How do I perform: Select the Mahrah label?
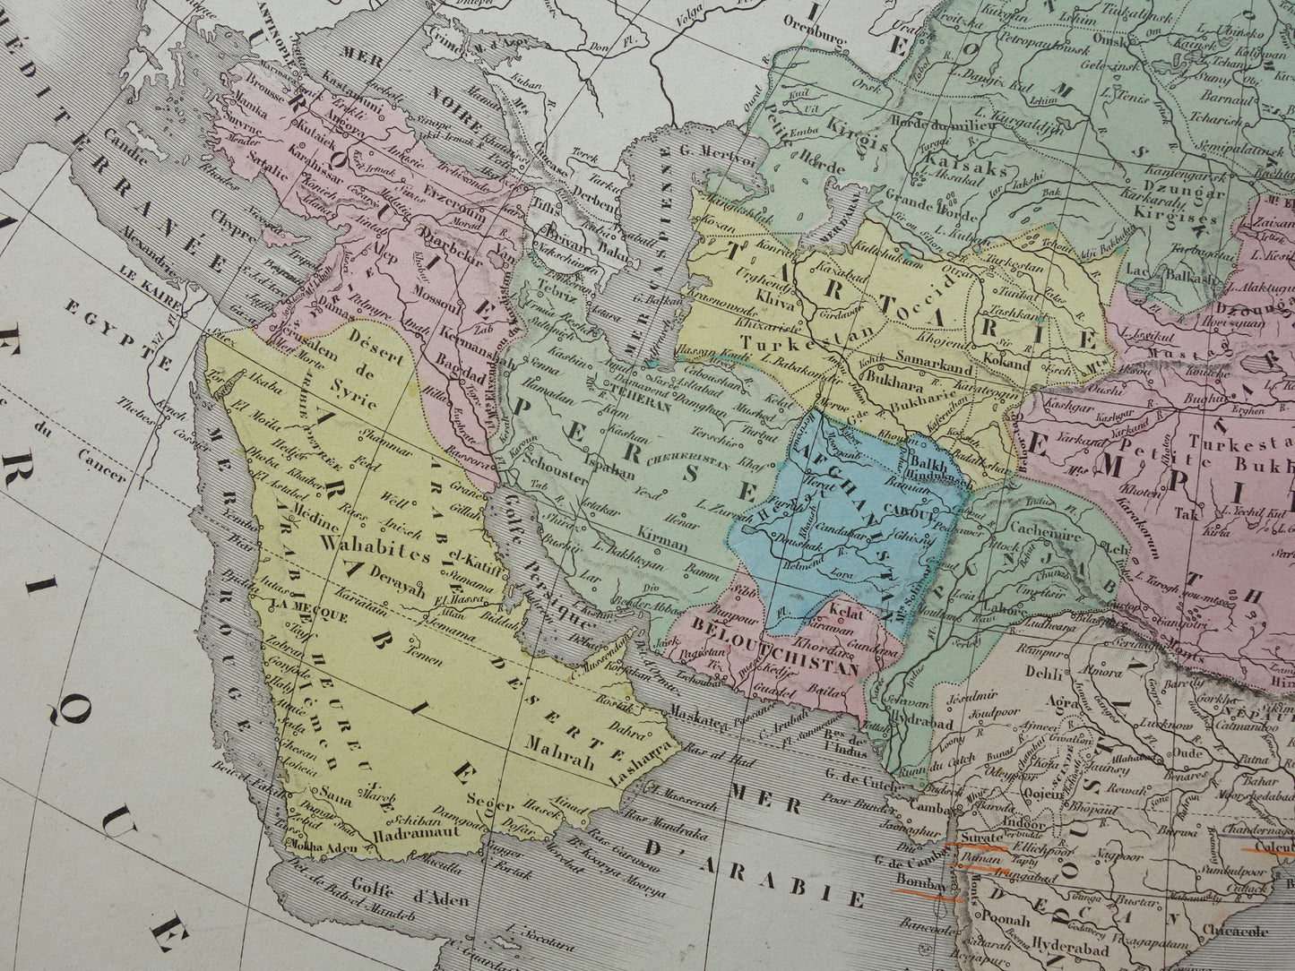tap(560, 766)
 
